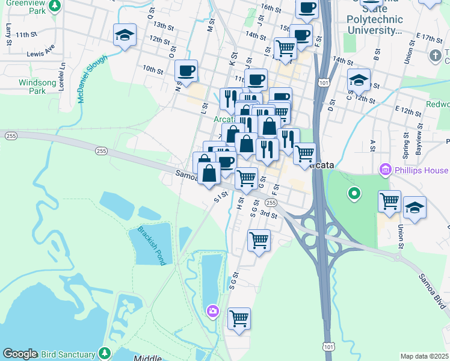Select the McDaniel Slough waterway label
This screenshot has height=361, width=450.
click(x=92, y=79)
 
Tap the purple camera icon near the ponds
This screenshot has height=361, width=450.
click(x=212, y=311)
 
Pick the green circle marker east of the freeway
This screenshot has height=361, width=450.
click(x=354, y=194)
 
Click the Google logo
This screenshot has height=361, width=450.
click(x=20, y=354)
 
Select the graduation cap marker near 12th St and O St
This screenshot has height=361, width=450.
click(x=125, y=35)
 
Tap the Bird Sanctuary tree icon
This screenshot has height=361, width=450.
click(x=105, y=353)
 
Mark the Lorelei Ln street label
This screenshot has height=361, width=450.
click(x=62, y=76)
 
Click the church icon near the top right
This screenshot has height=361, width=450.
click(x=436, y=56)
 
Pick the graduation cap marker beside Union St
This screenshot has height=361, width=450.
click(x=415, y=208)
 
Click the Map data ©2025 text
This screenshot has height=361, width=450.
click(x=425, y=356)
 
